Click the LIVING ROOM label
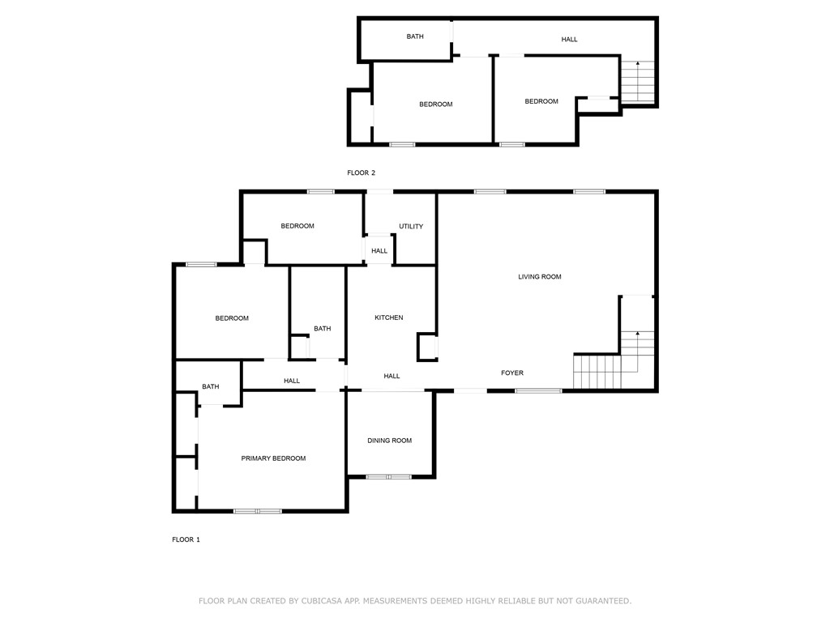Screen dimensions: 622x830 click(540, 277)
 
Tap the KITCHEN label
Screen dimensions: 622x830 click(388, 317)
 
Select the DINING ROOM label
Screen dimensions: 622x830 click(389, 441)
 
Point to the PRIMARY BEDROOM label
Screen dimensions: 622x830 click(273, 458)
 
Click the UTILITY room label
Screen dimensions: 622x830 click(411, 227)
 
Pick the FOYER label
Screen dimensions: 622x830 click(512, 373)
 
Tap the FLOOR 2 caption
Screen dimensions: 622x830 click(361, 173)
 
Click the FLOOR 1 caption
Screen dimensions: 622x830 click(186, 539)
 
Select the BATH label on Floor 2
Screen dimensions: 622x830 click(415, 36)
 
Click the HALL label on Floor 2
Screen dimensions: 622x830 click(570, 40)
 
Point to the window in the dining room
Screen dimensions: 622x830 click(389, 476)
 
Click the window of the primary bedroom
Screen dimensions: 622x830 click(258, 511)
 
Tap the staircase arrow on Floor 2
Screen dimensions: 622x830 click(637, 64)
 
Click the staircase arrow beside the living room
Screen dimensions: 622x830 click(637, 334)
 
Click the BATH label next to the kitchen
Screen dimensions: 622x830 click(323, 329)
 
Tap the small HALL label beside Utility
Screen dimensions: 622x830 click(379, 251)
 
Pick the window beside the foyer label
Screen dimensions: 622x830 click(538, 391)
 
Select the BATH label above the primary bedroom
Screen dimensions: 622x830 click(211, 387)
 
